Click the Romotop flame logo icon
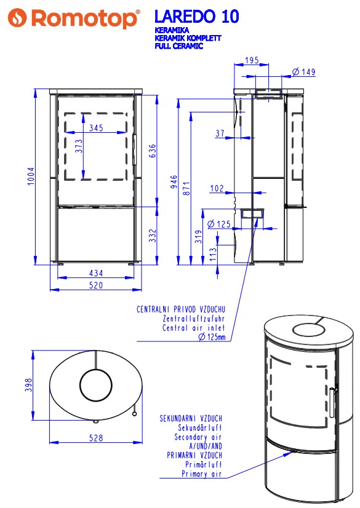coord(17,18)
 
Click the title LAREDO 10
coord(197,16)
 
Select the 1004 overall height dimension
coord(31,176)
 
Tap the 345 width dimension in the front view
coord(96,128)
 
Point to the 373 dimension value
coord(79,146)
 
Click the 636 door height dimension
coord(152,151)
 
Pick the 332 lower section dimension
coord(153,236)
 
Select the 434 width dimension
coord(96,273)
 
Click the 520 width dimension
coord(96,285)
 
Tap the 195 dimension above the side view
coord(252,60)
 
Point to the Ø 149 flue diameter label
coord(303,71)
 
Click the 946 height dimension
coord(174,182)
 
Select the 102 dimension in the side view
coord(217,188)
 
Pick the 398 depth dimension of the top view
coord(28,385)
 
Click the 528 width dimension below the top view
coord(96,438)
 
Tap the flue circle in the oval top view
coord(96,370)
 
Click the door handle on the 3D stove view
coord(332,402)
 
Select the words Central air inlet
coord(193,328)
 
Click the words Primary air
coord(201,474)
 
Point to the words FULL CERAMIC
coord(179,46)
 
